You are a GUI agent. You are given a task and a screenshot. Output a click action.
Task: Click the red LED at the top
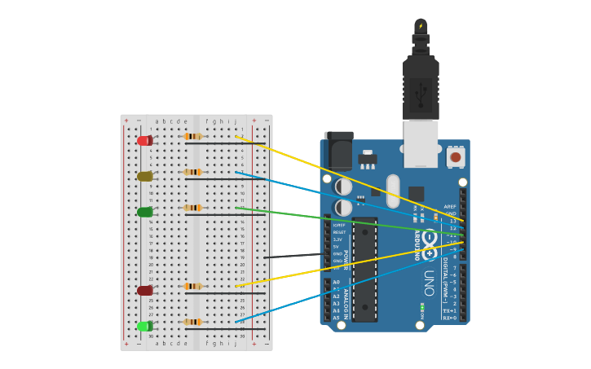coord(143,141)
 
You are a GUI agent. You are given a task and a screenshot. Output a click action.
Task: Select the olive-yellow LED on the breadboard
coord(144,177)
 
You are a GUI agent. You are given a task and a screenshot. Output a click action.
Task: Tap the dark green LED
coord(144,213)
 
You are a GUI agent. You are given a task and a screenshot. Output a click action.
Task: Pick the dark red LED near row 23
coord(144,291)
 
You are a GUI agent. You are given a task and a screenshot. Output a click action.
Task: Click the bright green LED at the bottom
coord(144,327)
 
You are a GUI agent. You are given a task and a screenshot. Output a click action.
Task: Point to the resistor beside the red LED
coord(193,137)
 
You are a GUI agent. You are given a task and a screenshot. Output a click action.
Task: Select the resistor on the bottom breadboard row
coord(193,323)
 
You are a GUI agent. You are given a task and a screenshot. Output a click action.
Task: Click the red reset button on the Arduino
coord(455,157)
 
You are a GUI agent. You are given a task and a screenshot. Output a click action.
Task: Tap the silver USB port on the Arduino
coord(421,143)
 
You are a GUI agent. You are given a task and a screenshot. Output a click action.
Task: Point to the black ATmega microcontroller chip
coord(364,269)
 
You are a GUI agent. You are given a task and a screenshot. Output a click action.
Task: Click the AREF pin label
coord(450,207)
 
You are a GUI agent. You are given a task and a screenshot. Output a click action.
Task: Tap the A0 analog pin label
coord(337,282)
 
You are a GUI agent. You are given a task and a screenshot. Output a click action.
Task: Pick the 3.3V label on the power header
coord(338,239)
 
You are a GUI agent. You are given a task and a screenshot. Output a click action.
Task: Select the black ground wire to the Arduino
coord(293,256)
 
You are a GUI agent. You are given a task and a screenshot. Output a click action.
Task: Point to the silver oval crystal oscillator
coord(393,191)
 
